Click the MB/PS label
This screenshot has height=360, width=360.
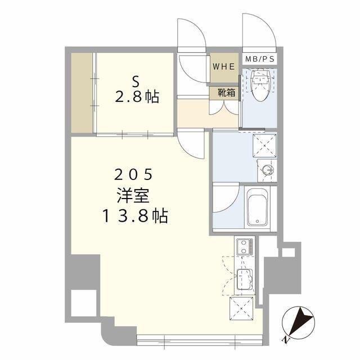click(260, 59)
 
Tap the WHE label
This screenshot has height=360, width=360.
click(224, 66)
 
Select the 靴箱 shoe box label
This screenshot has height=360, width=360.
click(226, 92)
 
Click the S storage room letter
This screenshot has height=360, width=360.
click(136, 82)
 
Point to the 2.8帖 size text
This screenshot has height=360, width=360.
click(137, 96)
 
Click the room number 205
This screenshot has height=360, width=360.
click(134, 174)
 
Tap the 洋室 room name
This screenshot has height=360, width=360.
click(133, 195)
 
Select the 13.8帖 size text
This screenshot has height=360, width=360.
click(136, 216)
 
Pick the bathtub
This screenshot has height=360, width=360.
click(258, 207)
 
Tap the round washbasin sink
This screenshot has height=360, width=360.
click(267, 170)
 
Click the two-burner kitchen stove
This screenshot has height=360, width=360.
click(245, 247)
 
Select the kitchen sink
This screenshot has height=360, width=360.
click(245, 280)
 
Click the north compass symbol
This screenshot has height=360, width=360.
click(298, 322)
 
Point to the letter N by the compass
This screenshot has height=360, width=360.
click(286, 340)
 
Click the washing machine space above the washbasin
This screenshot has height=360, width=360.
click(264, 146)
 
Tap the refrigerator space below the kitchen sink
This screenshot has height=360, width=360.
click(241, 308)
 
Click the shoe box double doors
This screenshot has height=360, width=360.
click(224, 107)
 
